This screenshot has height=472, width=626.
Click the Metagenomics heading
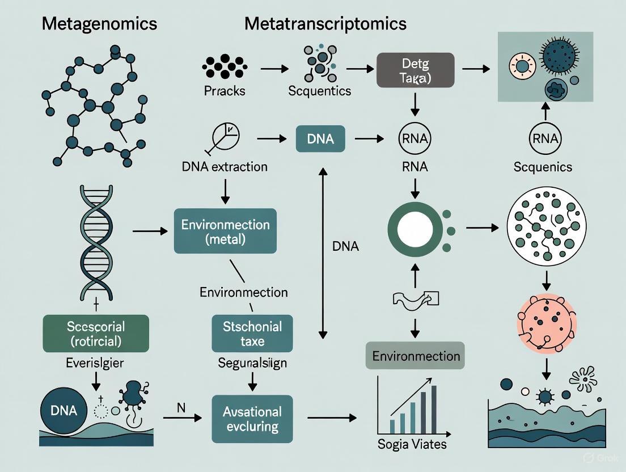tap(99, 24)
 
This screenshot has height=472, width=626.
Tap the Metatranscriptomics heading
tap(325, 24)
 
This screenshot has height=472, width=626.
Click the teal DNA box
tap(320, 139)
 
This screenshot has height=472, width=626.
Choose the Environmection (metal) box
tap(225, 231)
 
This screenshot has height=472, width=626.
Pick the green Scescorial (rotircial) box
tap(96, 334)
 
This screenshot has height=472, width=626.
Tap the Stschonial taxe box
tap(252, 334)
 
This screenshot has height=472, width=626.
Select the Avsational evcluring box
tap(252, 419)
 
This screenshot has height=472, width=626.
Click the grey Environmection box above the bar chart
tap(415, 356)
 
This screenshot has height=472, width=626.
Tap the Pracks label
tap(224, 91)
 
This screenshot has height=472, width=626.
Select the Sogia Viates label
tap(412, 444)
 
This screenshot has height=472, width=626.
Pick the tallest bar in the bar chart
tap(434, 409)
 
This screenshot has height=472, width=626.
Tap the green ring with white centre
tap(414, 230)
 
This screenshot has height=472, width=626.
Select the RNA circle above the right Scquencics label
tap(545, 138)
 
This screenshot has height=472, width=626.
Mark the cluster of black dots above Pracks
tap(224, 66)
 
